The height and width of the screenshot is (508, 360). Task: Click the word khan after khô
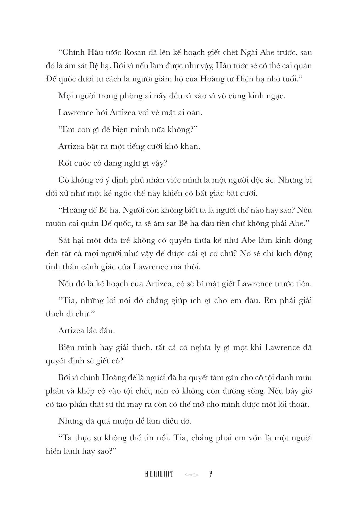coord(190,146)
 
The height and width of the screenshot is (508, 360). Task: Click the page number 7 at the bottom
coord(211,474)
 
